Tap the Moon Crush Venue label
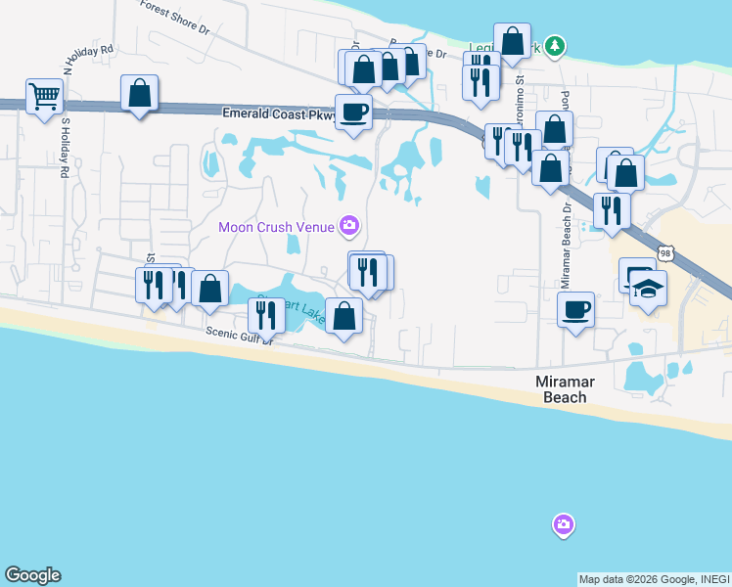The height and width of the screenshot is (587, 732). click(276, 227)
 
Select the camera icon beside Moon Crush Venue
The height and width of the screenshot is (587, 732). click(348, 227)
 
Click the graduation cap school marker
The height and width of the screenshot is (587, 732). click(648, 289)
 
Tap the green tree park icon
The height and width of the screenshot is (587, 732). click(555, 45)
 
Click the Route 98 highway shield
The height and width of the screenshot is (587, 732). click(665, 253)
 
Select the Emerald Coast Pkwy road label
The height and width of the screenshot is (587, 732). click(279, 114)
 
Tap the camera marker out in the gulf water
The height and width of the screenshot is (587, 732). click(563, 525)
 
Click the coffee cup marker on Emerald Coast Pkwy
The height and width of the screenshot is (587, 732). click(353, 112)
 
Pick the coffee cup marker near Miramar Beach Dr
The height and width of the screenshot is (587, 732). click(575, 309)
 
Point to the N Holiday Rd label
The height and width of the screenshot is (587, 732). click(88, 60)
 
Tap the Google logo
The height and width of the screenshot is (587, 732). click(32, 575)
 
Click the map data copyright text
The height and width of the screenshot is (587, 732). click(654, 579)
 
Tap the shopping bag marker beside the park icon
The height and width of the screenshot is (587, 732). click(512, 41)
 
